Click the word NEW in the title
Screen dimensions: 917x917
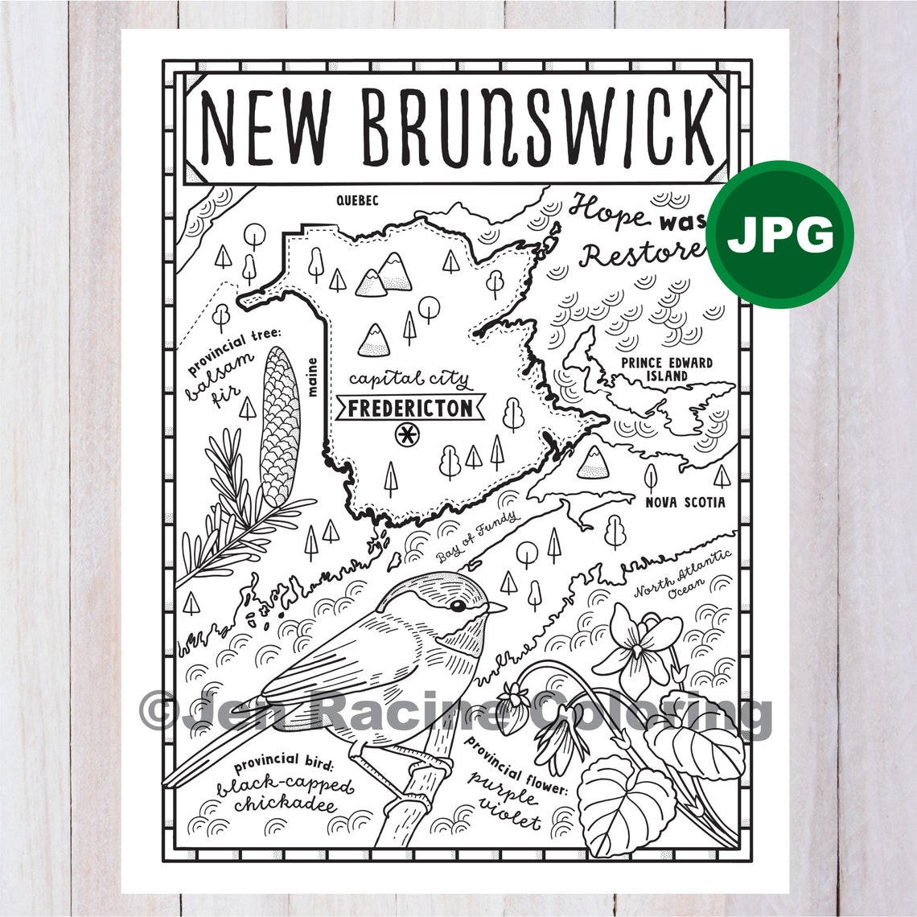coord(265,126)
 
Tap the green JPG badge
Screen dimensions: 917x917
coord(780,234)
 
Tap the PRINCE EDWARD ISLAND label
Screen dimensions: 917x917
coord(667,369)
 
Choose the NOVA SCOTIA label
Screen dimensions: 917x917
coord(685,503)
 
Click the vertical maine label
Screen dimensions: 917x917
coord(311,377)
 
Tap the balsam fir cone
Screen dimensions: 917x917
coord(279,427)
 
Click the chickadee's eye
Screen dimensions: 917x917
coord(458,605)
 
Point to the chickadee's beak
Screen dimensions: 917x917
coord(496,607)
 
